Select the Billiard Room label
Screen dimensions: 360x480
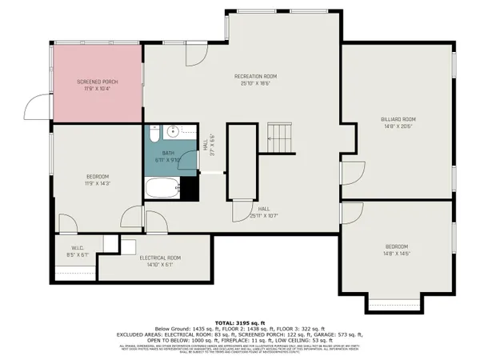coord(398,122)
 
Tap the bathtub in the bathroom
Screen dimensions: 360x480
coord(162,189)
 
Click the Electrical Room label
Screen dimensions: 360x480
coord(160,260)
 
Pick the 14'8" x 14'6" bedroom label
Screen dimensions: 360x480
coord(397,249)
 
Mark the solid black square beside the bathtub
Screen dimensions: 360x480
coord(189,189)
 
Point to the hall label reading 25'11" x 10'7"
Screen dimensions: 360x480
coord(264,213)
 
